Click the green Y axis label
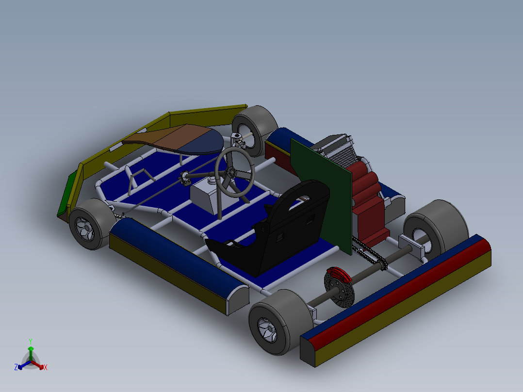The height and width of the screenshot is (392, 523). click(x=30, y=341)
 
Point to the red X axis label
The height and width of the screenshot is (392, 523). click(x=46, y=368)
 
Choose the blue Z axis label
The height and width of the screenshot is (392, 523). click(x=16, y=367)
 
